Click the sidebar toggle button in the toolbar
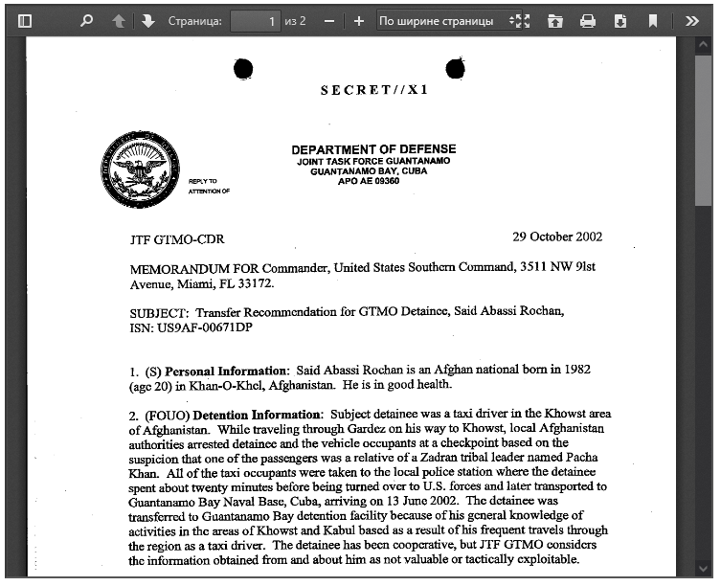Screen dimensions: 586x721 click(x=25, y=20)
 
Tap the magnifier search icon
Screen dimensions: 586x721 click(x=86, y=20)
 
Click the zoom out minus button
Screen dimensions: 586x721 click(x=329, y=20)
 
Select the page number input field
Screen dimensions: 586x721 click(x=256, y=20)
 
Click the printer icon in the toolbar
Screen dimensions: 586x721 click(x=588, y=20)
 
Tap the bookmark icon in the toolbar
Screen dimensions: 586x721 click(x=653, y=20)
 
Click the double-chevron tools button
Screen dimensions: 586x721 click(x=692, y=20)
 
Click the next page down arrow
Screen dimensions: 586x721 click(x=148, y=20)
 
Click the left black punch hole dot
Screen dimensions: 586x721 click(x=243, y=68)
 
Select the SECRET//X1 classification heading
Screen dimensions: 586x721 click(x=374, y=90)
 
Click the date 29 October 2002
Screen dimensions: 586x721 click(x=557, y=237)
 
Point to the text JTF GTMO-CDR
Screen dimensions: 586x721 click(x=177, y=239)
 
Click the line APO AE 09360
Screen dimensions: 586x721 click(x=369, y=181)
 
